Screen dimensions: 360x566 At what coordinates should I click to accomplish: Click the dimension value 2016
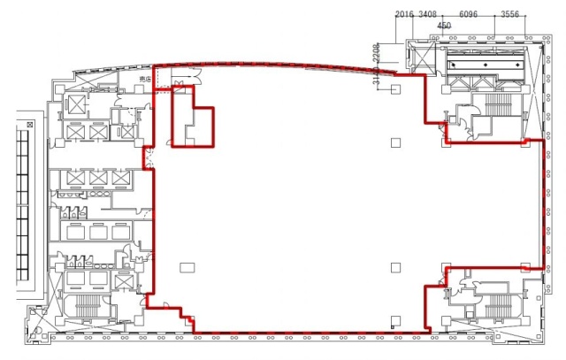pos(405,14)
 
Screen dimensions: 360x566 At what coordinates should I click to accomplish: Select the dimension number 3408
pos(428,14)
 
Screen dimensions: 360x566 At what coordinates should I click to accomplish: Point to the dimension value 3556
pos(510,14)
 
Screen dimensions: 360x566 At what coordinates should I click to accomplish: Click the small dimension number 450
pos(445,27)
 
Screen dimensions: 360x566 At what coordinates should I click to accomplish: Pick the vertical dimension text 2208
pos(376,51)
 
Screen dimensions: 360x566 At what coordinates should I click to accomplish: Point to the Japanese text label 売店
pos(146,80)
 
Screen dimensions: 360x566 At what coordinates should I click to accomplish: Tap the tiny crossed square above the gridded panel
pos(29,126)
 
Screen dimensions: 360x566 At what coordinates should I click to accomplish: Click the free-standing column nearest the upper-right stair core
pos(395,142)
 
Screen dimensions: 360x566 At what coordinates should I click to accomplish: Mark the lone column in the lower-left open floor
pos(185,266)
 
